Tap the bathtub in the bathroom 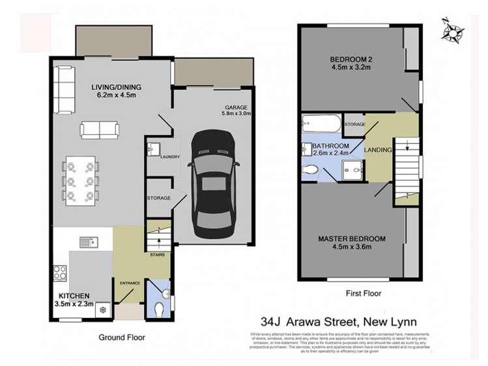click(320, 124)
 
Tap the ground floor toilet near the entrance click(159, 307)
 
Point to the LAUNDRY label click(169, 157)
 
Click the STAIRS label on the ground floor click(158, 255)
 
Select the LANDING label click(379, 150)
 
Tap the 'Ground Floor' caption click(122, 337)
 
